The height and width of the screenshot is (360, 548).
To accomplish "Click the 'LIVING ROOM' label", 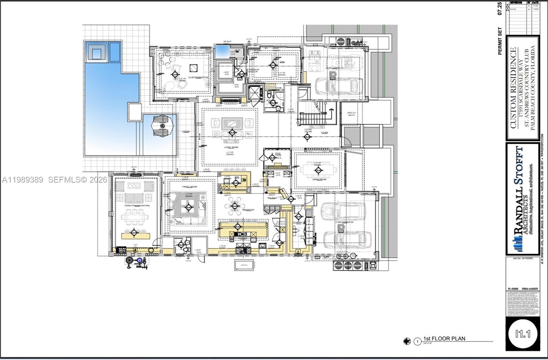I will (x=231, y=147).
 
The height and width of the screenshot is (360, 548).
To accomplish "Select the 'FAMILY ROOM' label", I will (x=189, y=187).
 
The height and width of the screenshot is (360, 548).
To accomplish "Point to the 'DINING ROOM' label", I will (x=319, y=179).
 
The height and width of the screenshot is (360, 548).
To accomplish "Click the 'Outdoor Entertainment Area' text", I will (x=137, y=206).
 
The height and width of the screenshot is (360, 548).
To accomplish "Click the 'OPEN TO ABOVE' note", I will (x=351, y=114).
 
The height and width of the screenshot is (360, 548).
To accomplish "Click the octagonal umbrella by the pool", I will (x=163, y=126).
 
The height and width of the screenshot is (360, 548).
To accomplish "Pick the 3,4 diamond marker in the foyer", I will (x=307, y=137).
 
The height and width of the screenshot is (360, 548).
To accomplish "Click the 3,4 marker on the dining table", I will (x=318, y=170).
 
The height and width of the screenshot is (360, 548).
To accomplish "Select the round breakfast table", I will (x=235, y=206).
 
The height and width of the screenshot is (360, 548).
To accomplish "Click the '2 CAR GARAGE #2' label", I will (x=344, y=222).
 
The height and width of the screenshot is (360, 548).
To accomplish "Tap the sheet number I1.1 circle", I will (x=523, y=333).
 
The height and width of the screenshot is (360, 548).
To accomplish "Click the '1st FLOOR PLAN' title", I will (x=444, y=338).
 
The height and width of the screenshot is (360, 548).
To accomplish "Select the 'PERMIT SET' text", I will (x=500, y=41).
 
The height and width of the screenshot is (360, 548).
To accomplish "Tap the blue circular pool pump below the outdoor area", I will (x=139, y=261).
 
